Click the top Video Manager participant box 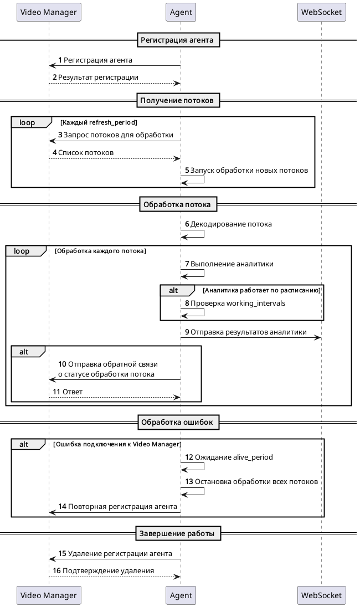49,12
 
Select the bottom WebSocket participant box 321,595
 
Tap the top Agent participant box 181,12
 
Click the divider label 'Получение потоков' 177,100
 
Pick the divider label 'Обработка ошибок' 177,422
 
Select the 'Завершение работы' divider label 177,533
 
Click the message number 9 187,332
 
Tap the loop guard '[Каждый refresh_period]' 99,122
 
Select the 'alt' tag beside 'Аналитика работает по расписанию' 173,290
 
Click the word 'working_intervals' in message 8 255,303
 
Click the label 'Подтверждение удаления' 109,571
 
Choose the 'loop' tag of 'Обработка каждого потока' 22,251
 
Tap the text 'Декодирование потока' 231,224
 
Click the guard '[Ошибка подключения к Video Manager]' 117,444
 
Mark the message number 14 63,506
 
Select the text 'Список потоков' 86,152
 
